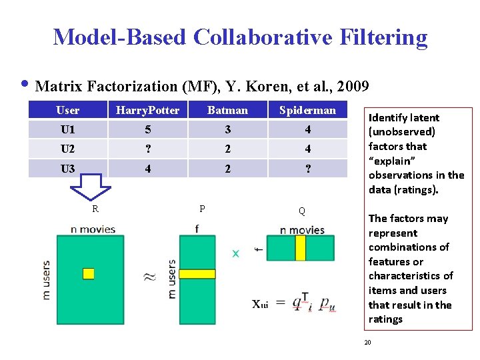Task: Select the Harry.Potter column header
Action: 147,110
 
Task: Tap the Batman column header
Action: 227,110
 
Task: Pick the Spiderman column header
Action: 307,110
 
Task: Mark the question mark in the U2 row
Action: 147,149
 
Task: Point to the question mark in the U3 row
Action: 307,169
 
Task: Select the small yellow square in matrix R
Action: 88,273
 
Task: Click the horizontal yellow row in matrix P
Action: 197,273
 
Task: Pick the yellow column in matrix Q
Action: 301,248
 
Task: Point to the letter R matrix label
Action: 95,209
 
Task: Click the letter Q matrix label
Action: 302,211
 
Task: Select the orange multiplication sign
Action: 235,254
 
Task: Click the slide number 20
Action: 367,342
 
